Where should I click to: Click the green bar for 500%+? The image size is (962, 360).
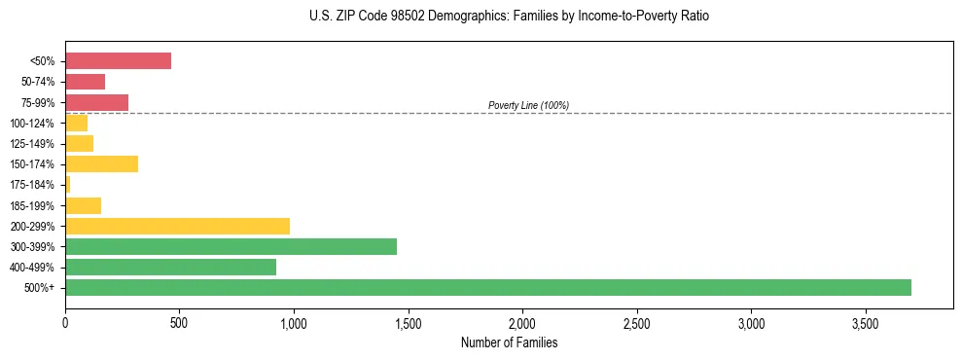point(487,287)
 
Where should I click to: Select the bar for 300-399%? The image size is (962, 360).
point(231,246)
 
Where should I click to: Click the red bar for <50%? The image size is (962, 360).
point(118,61)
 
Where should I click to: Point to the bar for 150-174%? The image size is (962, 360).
point(101,163)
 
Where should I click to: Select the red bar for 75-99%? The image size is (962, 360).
point(96,102)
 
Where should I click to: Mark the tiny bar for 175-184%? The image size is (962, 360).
point(68,184)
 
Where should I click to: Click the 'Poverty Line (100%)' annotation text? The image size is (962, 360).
point(528,105)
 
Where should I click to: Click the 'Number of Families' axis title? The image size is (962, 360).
point(509,342)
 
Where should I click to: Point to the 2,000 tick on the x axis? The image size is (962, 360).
point(522,322)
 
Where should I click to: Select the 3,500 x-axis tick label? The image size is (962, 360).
point(866,322)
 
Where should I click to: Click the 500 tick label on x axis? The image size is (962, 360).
point(179,322)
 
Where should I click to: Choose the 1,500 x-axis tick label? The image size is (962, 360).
point(408,322)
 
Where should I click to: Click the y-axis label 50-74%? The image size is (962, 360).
point(39,82)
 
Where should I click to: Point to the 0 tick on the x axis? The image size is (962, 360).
point(65,322)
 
